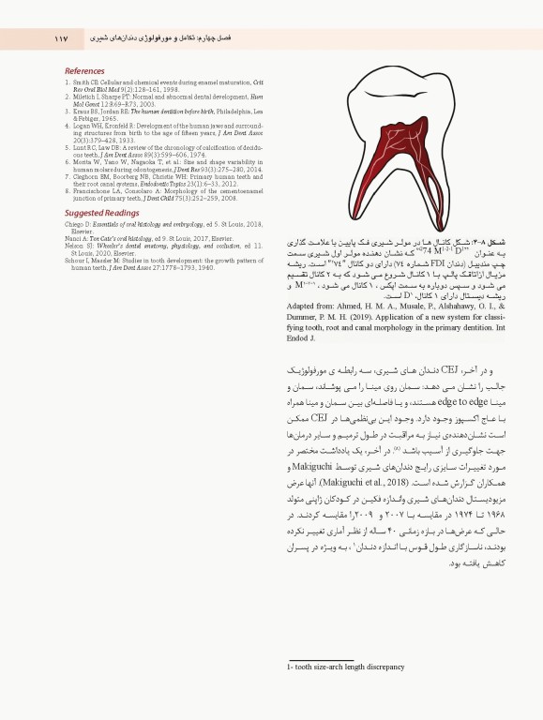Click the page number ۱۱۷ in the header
63,39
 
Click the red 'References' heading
84,71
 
